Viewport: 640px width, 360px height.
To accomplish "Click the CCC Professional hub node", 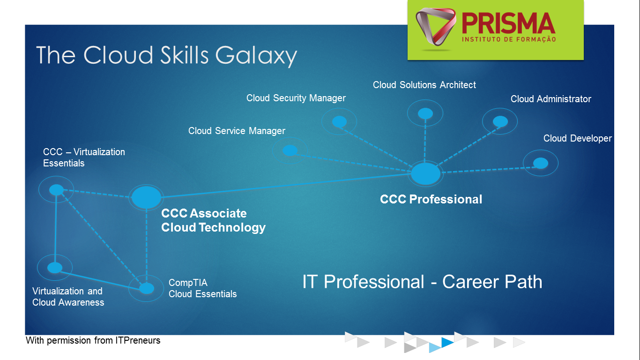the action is [x=425, y=173].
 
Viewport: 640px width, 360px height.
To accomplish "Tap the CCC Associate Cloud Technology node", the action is [x=146, y=197].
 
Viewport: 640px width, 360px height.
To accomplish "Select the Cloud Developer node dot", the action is [x=541, y=163].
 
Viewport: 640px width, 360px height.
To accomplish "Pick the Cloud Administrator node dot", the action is [x=500, y=121].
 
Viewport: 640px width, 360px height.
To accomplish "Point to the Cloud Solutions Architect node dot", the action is [x=425, y=113].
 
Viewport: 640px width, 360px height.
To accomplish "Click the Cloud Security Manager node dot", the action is [x=339, y=121].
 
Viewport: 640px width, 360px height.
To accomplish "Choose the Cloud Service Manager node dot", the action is [x=290, y=150].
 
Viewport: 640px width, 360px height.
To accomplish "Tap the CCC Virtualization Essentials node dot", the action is [x=56, y=189].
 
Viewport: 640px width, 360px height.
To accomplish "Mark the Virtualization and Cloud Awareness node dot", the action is [x=54, y=268].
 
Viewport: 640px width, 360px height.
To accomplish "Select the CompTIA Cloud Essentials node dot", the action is [x=146, y=288].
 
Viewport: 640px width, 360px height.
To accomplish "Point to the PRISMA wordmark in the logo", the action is [x=508, y=23].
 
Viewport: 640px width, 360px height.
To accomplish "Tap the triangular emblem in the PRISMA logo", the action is [x=435, y=27].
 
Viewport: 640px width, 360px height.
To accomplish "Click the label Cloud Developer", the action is [x=577, y=138].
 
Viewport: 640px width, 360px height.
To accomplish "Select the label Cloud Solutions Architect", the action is [x=424, y=85].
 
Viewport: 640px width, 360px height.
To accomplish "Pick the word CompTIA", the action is [x=188, y=283].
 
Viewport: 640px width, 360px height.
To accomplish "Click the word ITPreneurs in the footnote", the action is [x=138, y=341].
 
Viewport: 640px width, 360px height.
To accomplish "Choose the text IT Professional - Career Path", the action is [x=422, y=282].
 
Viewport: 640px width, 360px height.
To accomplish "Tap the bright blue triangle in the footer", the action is [x=447, y=342].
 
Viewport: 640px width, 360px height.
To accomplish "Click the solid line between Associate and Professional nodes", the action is [x=286, y=185].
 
